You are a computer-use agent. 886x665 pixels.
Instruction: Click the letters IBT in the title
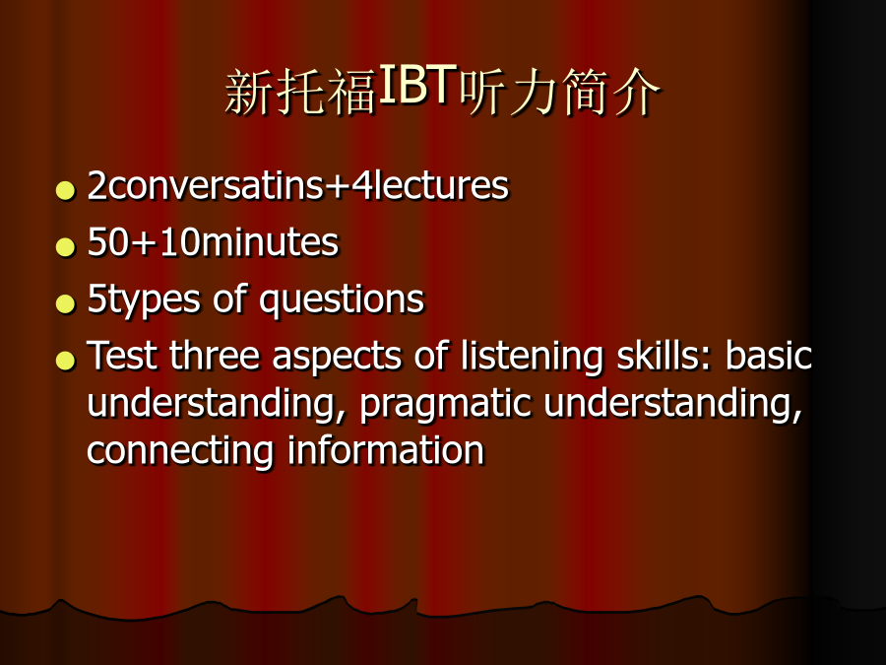[417, 84]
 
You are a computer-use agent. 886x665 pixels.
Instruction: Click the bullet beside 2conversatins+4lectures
[66, 190]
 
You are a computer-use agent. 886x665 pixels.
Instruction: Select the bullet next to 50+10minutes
[66, 246]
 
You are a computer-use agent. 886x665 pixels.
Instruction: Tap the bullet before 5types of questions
[66, 303]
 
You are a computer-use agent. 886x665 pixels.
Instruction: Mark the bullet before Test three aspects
[66, 360]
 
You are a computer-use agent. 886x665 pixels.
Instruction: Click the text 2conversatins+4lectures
[297, 185]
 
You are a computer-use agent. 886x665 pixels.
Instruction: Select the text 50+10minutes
[213, 242]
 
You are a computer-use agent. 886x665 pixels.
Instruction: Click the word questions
[342, 300]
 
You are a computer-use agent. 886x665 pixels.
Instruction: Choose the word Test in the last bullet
[121, 356]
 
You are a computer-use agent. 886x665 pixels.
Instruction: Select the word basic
[769, 356]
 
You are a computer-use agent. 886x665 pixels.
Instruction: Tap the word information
[386, 450]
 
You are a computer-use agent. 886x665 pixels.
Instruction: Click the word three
[215, 356]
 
